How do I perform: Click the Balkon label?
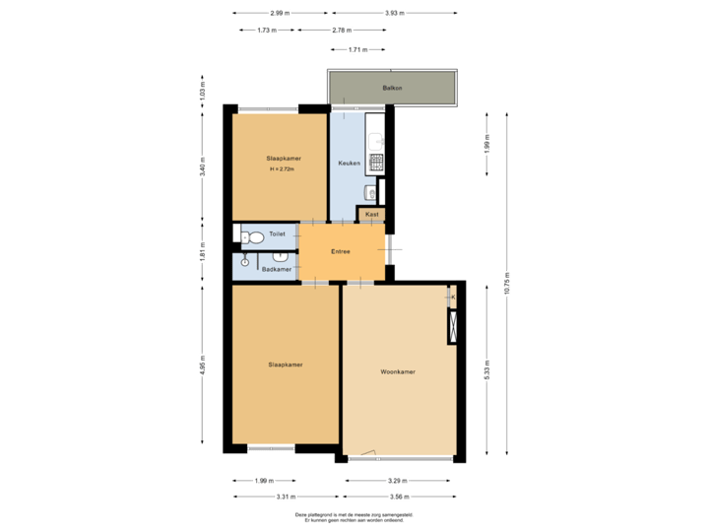pos(391,90)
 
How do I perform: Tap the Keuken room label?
pos(349,163)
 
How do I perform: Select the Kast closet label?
pos(372,214)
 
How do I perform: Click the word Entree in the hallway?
pos(341,251)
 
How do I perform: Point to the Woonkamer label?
pos(398,372)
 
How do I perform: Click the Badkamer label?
pos(277,269)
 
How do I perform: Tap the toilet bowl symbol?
pos(252,236)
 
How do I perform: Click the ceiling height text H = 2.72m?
pos(283,169)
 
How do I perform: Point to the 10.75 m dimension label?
pos(506,284)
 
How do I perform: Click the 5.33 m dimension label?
pos(486,369)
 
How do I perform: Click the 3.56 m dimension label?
pos(401,498)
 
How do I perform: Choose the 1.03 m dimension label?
pos(203,91)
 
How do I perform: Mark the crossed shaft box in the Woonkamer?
pos(452,326)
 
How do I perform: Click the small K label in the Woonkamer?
pos(452,296)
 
